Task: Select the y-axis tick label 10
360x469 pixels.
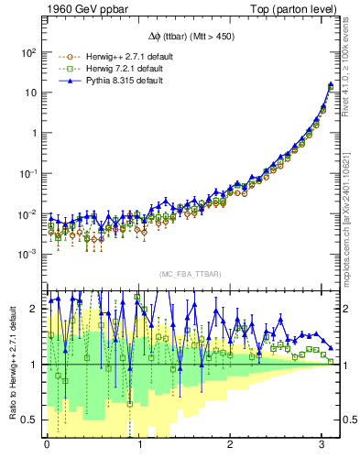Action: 29,93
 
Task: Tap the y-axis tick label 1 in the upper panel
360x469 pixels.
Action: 35,133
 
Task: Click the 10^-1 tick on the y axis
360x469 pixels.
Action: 27,172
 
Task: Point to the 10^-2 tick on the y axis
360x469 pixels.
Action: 27,213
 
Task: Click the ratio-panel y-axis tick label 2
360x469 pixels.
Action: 35,309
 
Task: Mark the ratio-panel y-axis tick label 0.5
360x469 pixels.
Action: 30,420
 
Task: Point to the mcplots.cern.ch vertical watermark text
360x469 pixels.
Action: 352,229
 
